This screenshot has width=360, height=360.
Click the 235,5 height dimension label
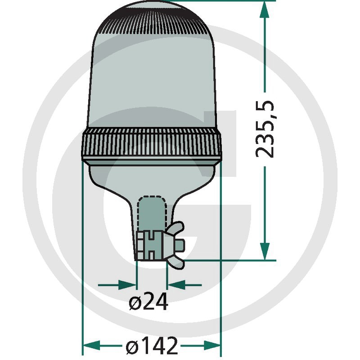[265, 129]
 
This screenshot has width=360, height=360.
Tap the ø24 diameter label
[148, 301]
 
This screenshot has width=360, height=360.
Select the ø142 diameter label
[152, 345]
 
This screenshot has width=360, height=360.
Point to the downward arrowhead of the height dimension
[265, 252]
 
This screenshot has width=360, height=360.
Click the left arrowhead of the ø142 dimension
[91, 345]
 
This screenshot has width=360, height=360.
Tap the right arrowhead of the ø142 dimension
[212, 345]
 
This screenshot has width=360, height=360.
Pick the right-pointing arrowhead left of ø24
[127, 285]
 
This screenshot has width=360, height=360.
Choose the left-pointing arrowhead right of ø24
[176, 285]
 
